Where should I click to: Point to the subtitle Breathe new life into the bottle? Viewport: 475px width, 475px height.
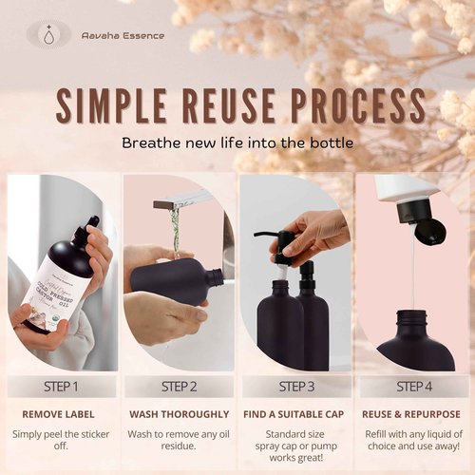coord(237,143)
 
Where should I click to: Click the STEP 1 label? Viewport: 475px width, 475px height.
coord(62,387)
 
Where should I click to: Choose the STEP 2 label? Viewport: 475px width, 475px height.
coord(180,387)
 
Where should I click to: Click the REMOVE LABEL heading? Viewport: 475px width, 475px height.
coord(62,414)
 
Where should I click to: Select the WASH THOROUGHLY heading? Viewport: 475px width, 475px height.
coord(180,414)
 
